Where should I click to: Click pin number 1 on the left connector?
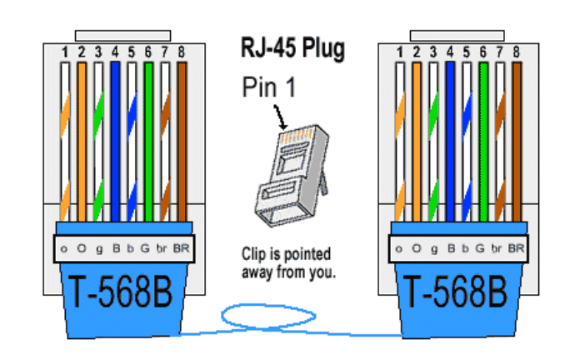64,52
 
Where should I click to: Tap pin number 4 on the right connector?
449,52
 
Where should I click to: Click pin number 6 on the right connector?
482,52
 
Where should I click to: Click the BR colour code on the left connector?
182,248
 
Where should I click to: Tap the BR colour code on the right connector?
516,248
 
